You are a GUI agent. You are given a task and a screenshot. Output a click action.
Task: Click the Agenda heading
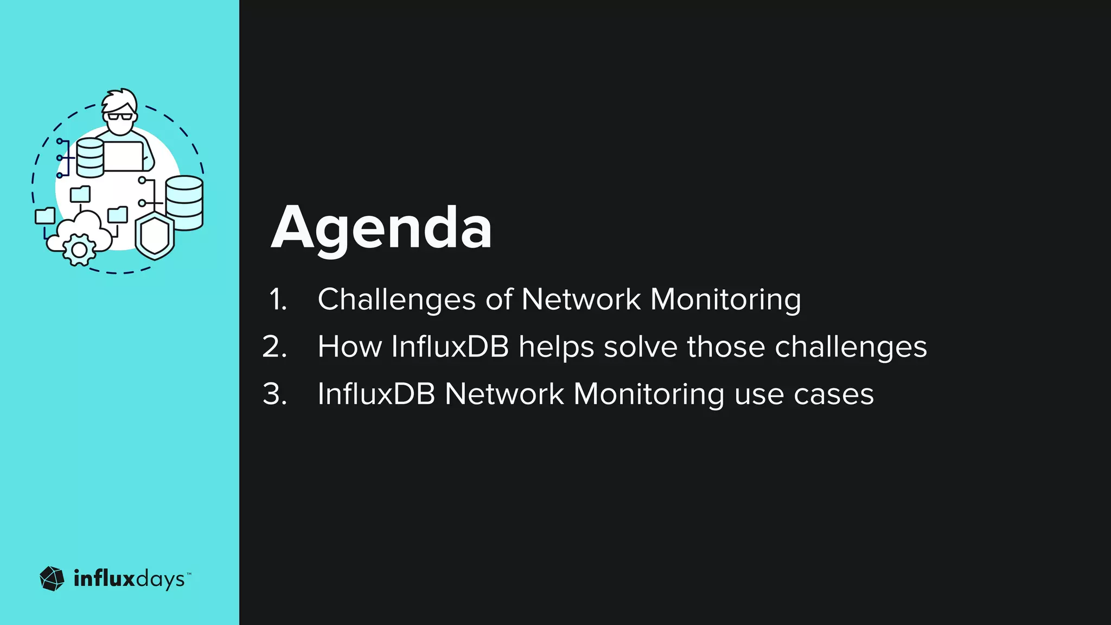tap(381, 228)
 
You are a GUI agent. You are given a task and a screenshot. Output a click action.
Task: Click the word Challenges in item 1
tap(397, 299)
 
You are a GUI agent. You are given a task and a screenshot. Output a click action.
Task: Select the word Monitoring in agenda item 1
tap(725, 299)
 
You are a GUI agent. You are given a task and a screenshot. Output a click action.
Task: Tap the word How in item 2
tap(349, 347)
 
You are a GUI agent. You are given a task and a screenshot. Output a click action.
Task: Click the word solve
tap(640, 347)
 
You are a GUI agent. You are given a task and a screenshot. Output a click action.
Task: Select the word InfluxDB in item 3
tap(376, 394)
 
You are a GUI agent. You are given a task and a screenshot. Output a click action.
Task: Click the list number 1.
tap(278, 299)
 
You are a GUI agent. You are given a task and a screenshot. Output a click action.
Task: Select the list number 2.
tap(274, 347)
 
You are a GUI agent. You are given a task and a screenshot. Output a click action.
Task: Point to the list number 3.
tap(274, 394)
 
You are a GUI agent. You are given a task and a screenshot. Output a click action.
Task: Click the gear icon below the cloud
tap(79, 250)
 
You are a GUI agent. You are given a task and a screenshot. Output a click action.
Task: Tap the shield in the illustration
tap(155, 237)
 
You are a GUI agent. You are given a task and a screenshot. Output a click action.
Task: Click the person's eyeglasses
tap(120, 116)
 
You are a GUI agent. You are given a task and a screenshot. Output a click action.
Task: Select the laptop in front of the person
tap(123, 156)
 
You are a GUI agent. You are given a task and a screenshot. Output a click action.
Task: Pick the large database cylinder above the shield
tap(184, 202)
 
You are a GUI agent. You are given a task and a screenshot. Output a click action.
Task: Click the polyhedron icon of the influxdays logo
tap(52, 579)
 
